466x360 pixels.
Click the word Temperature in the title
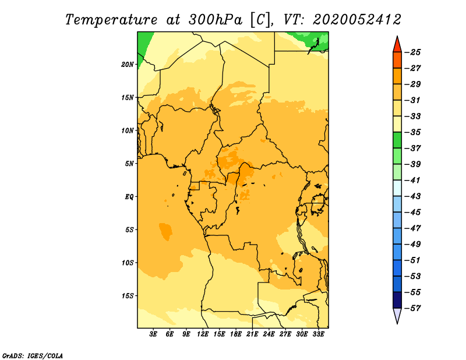[x=111, y=20]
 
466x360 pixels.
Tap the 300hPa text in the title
[x=215, y=20]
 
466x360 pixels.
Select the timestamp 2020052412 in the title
[x=356, y=20]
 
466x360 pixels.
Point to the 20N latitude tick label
[x=128, y=65]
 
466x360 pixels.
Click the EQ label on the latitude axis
[x=129, y=197]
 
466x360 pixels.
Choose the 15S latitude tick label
[x=128, y=296]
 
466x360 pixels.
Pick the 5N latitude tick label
[x=129, y=164]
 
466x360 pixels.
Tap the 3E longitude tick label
[x=153, y=334]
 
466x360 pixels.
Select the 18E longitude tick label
[x=236, y=334]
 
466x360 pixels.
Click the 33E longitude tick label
[x=318, y=334]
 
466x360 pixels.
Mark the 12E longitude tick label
[x=203, y=334]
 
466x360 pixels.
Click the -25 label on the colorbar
[x=413, y=52]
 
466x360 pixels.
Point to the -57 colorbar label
[x=413, y=308]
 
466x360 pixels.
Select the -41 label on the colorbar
[x=413, y=180]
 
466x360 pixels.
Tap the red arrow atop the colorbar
[x=397, y=45]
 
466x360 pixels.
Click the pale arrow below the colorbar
[x=397, y=315]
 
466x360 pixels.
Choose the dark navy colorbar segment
[x=397, y=300]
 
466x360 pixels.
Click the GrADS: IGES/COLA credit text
[x=33, y=356]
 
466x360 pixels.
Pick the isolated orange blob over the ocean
[x=165, y=231]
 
